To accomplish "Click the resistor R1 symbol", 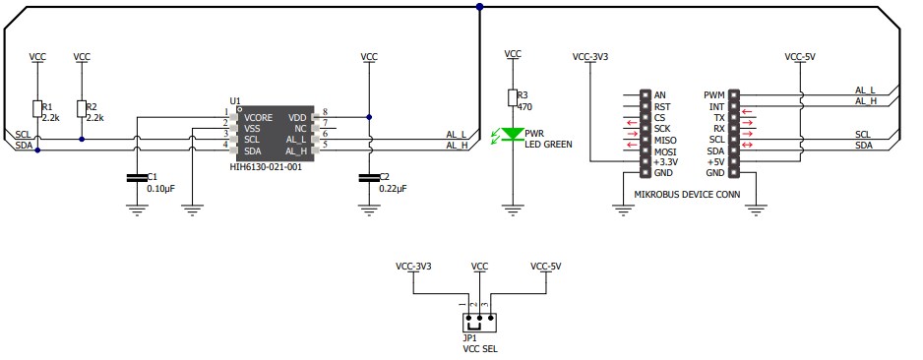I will point(37,108).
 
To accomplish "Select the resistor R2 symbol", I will point(81,108).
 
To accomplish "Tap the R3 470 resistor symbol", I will point(512,97).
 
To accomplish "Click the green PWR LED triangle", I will point(512,134).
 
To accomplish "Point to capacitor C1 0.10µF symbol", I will point(136,178).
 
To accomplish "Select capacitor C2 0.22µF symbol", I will point(369,178).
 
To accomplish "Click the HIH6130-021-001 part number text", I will point(266,167).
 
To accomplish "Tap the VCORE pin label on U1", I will point(258,116).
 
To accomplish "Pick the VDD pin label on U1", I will point(297,116).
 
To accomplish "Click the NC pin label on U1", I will point(300,128).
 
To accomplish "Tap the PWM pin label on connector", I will point(714,95).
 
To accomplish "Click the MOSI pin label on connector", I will point(666,150).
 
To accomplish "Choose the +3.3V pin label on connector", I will point(666,161).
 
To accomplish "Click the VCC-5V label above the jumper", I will point(546,267).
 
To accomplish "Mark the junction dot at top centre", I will point(479,7).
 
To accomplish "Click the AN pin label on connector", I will point(660,95).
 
